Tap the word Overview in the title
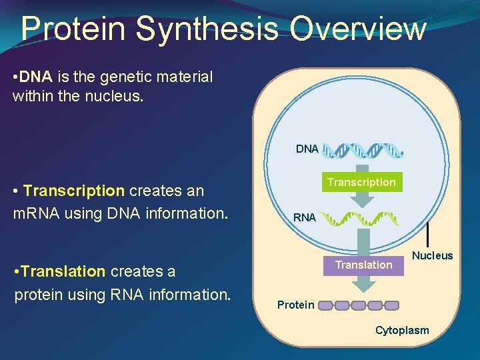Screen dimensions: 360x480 pos(358,29)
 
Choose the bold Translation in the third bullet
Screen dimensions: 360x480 pos(63,271)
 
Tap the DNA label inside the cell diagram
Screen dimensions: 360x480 pos(307,149)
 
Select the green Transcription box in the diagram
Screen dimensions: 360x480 pos(361,182)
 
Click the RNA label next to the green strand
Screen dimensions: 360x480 pos(305,217)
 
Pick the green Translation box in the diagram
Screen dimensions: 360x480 pos(363,265)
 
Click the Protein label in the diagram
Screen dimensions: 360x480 pos(295,305)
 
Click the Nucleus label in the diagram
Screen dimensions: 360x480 pos(432,255)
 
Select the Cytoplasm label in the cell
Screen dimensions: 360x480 pos(402,330)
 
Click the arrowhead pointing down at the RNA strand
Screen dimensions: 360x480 pos(363,201)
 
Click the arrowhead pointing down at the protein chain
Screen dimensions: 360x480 pos(363,286)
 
